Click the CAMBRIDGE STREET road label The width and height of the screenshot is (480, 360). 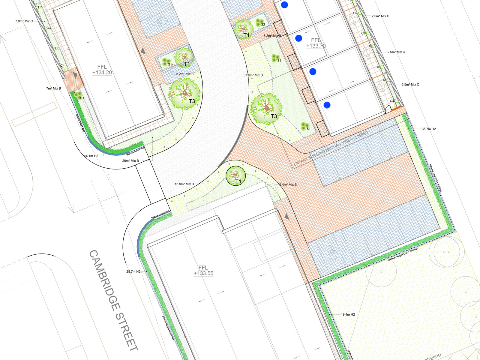[114, 300]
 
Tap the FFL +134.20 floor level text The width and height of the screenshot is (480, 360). [102, 70]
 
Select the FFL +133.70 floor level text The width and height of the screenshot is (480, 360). [316, 43]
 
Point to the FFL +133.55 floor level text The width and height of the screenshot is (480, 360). [203, 270]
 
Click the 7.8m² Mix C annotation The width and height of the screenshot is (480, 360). [24, 21]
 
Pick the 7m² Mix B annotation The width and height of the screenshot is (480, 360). [53, 88]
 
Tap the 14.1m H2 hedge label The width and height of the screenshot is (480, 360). [91, 156]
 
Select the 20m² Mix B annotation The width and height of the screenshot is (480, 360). [130, 161]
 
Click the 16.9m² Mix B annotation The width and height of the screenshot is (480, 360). [184, 184]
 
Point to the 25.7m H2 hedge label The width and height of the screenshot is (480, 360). [133, 271]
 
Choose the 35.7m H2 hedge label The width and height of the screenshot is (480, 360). [429, 129]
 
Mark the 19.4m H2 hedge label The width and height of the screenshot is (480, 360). [348, 314]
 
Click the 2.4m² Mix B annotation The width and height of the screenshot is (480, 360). [288, 185]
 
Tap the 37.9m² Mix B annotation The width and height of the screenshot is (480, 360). [253, 75]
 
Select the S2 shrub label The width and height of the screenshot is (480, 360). [263, 25]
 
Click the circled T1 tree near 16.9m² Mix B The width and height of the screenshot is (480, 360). [235, 176]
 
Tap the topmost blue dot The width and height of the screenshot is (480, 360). [284, 5]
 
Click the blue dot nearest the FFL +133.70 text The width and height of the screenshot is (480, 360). [298, 38]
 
